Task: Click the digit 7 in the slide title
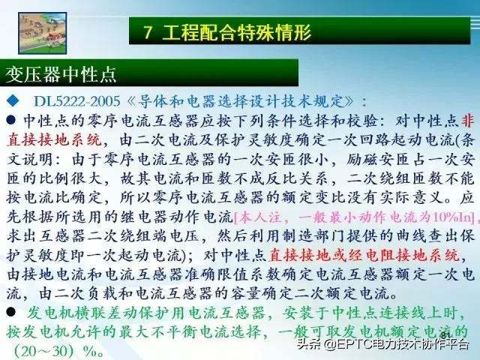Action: pos(148,33)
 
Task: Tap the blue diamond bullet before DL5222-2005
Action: pos(10,100)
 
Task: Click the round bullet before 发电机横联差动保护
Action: pos(10,310)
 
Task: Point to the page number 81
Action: pos(448,333)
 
